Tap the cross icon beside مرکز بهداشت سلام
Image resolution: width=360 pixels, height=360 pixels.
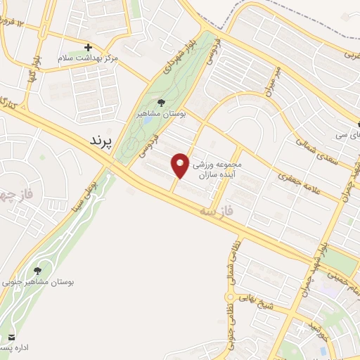[89, 46]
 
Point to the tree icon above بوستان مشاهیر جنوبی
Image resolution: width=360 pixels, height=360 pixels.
[37, 270]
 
